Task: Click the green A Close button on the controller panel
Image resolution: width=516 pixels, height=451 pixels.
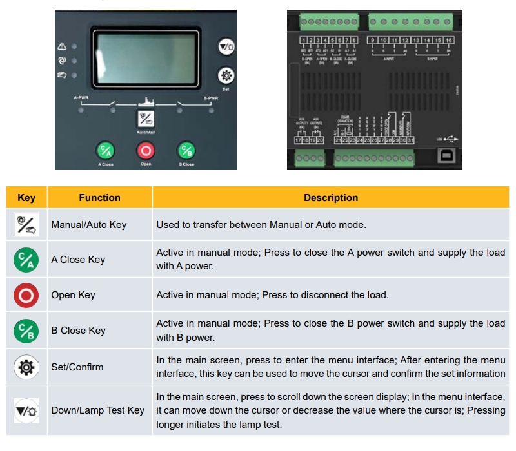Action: (105, 151)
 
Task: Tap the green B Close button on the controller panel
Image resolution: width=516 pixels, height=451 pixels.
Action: (186, 151)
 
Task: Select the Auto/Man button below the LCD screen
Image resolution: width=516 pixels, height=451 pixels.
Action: (146, 119)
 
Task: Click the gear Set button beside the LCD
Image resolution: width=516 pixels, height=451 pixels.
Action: (226, 75)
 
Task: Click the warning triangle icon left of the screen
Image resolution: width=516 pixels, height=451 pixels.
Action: (63, 47)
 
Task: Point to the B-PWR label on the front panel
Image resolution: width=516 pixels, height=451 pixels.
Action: (211, 99)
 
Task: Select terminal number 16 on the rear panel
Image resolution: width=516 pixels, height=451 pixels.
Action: (449, 40)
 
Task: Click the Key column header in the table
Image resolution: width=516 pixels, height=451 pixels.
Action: (26, 198)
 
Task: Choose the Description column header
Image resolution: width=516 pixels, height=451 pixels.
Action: (331, 198)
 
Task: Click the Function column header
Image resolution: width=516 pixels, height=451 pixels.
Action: (99, 198)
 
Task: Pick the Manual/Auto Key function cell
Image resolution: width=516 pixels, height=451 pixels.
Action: (89, 225)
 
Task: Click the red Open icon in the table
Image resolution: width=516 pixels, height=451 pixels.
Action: (26, 295)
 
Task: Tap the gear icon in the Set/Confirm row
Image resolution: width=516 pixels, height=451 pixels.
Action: (26, 367)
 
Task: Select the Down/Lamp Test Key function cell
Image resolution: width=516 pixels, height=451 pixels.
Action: (98, 410)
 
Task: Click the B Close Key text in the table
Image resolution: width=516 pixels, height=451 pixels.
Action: (78, 331)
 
